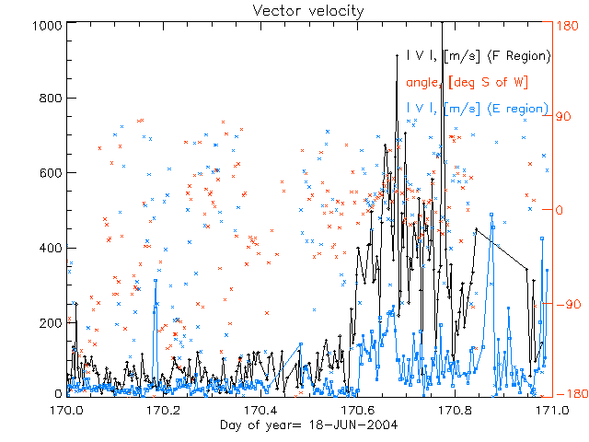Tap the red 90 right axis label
[564, 117]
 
